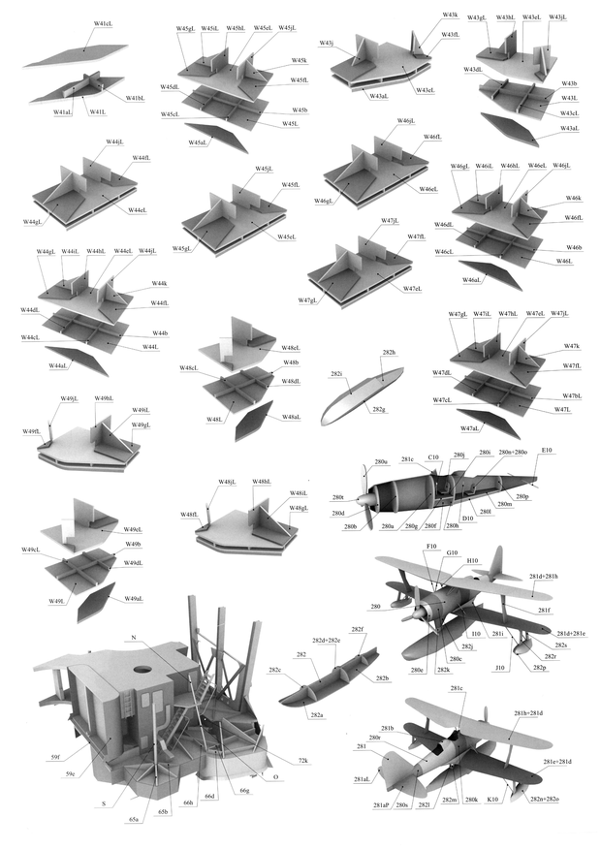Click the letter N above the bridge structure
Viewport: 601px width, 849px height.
(132, 637)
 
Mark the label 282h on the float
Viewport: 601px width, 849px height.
(389, 353)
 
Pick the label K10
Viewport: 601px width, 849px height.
(493, 800)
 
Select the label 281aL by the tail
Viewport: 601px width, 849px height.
(362, 779)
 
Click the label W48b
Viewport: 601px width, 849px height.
(290, 362)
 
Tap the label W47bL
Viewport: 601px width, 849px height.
(572, 395)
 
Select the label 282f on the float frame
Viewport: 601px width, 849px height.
(358, 630)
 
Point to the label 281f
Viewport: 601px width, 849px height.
(545, 610)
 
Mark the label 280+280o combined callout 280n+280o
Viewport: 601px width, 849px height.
(514, 453)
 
